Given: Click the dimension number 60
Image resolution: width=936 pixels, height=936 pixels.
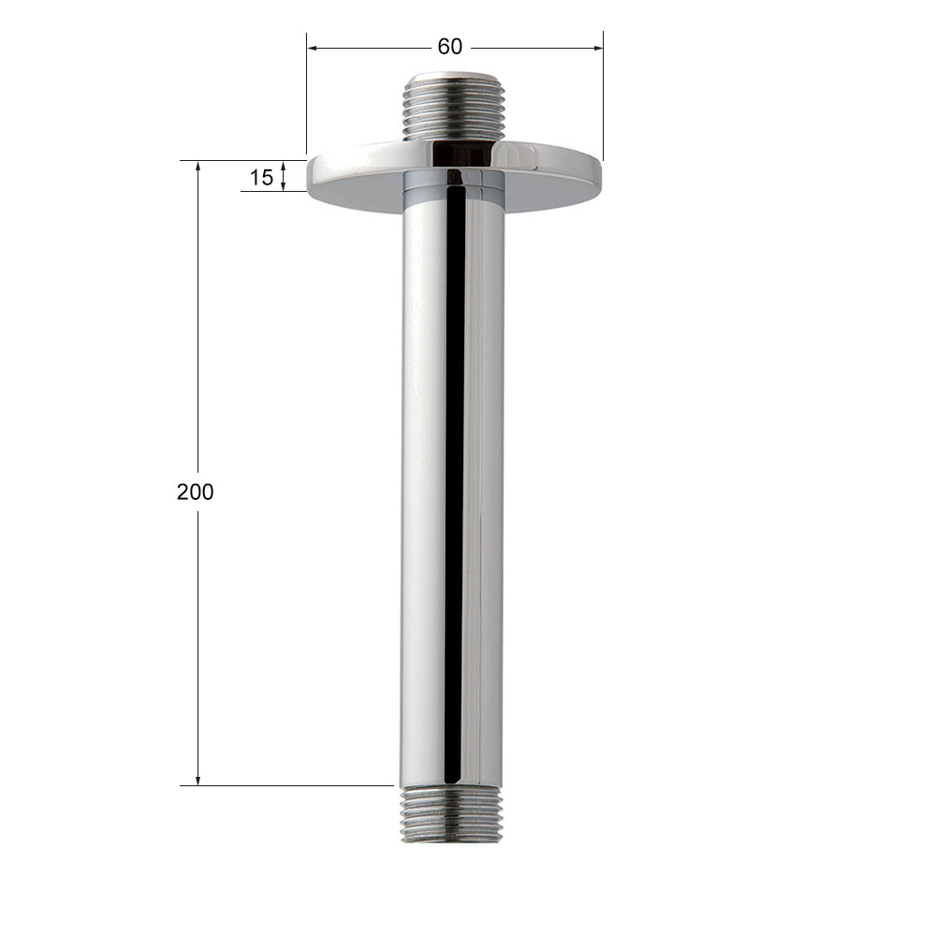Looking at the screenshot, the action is point(449,47).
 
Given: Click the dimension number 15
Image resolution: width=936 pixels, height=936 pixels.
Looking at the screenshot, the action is point(261,177).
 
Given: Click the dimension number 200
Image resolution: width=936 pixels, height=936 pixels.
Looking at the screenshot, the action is point(196,492).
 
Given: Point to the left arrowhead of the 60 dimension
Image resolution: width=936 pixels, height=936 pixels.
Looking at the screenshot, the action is point(312,48).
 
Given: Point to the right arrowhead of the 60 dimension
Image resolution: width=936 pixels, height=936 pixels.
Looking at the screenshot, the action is point(598,48).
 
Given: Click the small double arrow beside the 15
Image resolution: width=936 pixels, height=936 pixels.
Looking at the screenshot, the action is point(284,176).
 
